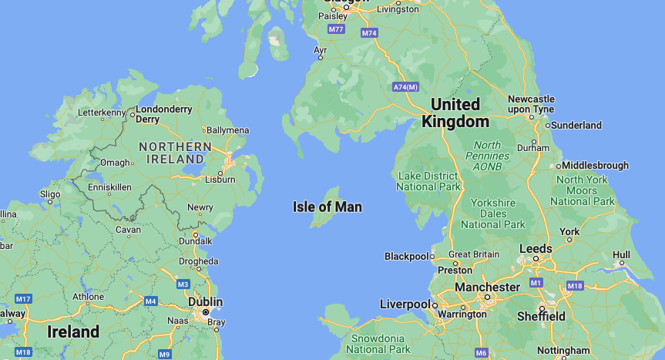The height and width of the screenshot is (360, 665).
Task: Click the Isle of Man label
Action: coord(327,207)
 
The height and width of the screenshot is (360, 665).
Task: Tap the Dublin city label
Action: coord(206,301)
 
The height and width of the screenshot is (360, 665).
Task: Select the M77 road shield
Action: coord(336,29)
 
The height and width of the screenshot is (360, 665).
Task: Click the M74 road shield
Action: coord(369,33)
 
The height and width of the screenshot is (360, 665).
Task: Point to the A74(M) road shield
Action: coord(405,86)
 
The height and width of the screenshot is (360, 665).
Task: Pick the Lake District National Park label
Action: coord(429,181)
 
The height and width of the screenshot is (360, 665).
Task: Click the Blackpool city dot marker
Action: coord(432,256)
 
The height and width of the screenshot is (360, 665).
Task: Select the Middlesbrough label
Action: coord(596,165)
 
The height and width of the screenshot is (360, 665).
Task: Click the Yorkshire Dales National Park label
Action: coord(492,213)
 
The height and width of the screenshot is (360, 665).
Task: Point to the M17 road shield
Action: coord(23,298)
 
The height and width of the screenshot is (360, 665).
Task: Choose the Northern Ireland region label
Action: coord(175,152)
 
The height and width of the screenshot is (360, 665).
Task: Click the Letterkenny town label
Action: coord(102,113)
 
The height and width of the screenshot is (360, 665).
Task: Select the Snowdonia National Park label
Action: coord(378,344)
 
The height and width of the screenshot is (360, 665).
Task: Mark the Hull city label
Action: coord(621,255)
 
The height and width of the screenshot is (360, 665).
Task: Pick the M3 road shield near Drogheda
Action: coord(183,284)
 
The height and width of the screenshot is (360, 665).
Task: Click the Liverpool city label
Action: coord(405,304)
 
